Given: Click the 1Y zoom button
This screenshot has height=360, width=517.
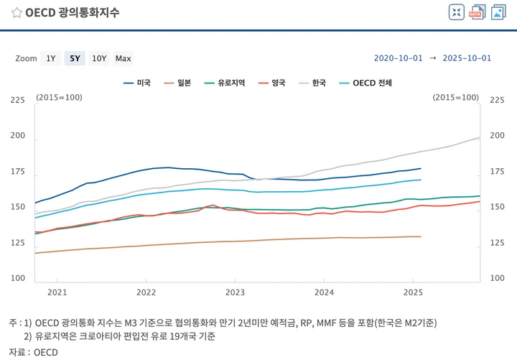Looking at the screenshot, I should coord(50,58).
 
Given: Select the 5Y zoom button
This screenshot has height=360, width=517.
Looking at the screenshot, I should coord(75,58).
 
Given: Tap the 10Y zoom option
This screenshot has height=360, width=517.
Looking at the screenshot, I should coord(99,58).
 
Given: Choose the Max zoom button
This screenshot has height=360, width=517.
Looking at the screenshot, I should coord(123,58).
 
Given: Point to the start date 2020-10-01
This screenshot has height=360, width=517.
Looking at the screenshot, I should coord(399,58).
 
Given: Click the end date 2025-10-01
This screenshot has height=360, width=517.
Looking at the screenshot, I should coord(467,58).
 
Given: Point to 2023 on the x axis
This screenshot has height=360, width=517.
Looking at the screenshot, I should coord(235,292).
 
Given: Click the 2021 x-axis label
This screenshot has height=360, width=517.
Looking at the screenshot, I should coord(57,292).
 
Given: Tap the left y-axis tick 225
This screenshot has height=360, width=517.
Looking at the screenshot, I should coord(17,100).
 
